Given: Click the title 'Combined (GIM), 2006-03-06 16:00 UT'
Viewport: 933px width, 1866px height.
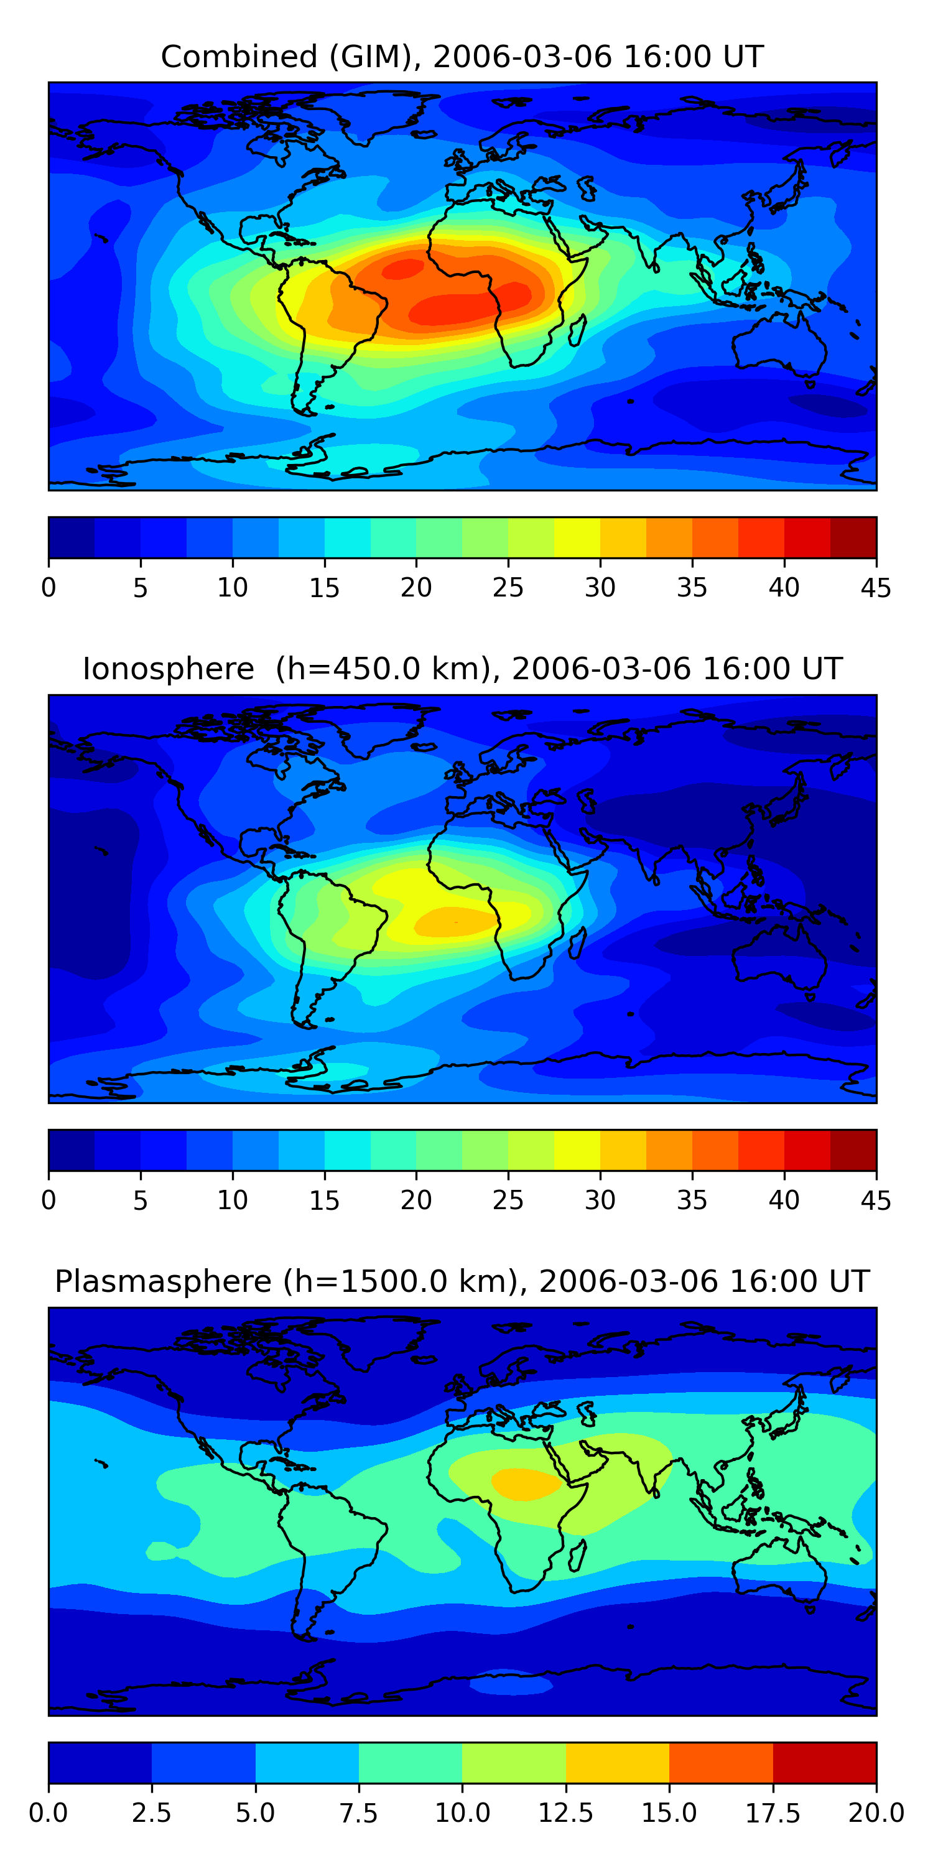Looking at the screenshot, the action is [462, 57].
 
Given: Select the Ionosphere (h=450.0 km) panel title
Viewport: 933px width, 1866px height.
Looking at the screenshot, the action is [462, 669].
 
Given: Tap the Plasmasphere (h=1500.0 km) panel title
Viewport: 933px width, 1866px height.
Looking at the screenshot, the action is [462, 1281].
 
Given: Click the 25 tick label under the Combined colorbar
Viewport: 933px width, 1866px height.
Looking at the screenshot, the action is [508, 587].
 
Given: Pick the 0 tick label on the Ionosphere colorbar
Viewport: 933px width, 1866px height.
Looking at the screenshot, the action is [49, 1200].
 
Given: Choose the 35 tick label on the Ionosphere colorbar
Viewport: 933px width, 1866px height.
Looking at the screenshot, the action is [692, 1200].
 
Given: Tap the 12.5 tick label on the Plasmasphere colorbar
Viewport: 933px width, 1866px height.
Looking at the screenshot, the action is [566, 1813].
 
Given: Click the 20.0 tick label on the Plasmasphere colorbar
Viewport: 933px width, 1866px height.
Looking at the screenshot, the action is [876, 1813].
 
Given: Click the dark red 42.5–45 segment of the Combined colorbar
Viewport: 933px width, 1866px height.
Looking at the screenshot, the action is [853, 537].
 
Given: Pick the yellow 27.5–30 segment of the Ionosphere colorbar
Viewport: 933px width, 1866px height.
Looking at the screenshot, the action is [577, 1150].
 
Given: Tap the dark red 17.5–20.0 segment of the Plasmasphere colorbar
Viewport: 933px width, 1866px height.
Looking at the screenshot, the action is [825, 1762].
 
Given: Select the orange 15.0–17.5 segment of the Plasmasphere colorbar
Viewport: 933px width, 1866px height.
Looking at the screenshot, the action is [722, 1762].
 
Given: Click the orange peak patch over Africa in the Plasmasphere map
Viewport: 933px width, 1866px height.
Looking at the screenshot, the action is [526, 1483].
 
